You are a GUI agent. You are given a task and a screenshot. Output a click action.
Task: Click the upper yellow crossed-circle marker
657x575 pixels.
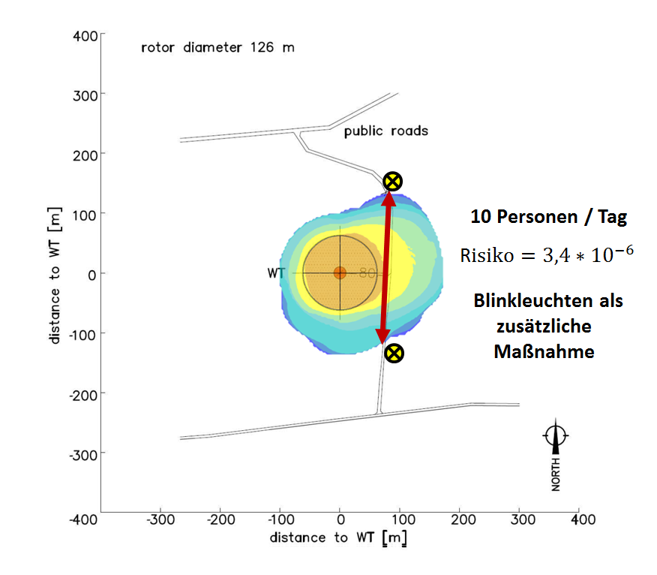click(x=392, y=182)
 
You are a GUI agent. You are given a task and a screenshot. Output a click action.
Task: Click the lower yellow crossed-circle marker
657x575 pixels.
click(x=394, y=353)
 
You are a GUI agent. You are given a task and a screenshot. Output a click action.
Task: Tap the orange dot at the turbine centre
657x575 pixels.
click(x=340, y=273)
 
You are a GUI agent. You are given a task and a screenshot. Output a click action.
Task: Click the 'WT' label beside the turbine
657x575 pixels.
click(x=276, y=273)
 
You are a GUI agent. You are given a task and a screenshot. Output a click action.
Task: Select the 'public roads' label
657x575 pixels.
click(x=386, y=131)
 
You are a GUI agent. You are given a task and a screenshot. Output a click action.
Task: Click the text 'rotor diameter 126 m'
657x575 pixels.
click(x=218, y=47)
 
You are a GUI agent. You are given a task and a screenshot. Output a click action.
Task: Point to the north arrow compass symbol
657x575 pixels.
click(x=556, y=436)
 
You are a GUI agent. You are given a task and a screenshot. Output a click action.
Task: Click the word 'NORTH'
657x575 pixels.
click(x=556, y=474)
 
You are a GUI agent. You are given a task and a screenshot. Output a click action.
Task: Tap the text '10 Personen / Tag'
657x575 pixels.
click(x=549, y=217)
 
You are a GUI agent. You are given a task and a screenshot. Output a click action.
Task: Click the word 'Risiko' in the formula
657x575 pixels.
click(x=487, y=255)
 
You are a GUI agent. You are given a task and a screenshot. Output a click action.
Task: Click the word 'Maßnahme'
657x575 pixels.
click(x=544, y=351)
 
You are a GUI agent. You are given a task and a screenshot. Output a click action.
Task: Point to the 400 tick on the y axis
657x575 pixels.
click(x=103, y=33)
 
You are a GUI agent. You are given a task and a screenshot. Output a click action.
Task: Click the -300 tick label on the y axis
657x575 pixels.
click(x=83, y=455)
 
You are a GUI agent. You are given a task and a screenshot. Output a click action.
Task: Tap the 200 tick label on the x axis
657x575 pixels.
click(x=463, y=520)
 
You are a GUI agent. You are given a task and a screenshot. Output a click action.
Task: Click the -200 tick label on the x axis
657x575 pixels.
click(x=220, y=520)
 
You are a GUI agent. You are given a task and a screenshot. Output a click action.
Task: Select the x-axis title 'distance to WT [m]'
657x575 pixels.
click(x=338, y=538)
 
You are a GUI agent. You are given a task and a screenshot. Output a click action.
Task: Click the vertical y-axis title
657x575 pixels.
click(x=55, y=275)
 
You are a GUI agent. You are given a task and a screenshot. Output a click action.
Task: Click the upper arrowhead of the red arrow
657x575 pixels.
click(x=388, y=199)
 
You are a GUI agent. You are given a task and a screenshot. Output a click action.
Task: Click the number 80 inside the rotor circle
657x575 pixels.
click(x=367, y=273)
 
